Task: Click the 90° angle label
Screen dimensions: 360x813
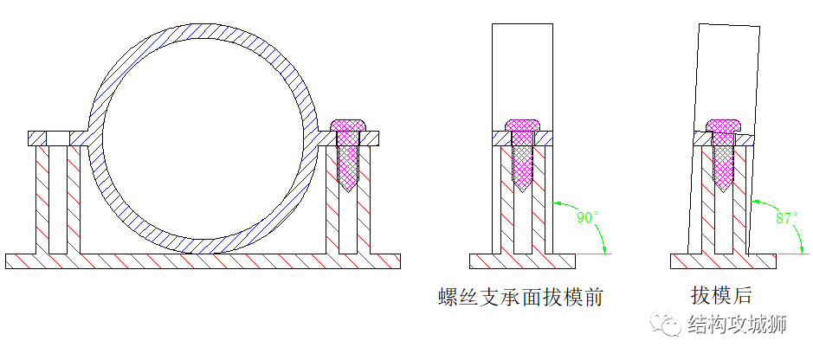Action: [x=586, y=216]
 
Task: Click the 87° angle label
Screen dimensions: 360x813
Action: [x=785, y=218]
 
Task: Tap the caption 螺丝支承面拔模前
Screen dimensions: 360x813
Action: [x=520, y=298]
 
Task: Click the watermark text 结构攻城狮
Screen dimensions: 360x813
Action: [x=736, y=325]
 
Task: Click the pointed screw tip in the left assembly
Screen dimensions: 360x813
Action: [x=350, y=187]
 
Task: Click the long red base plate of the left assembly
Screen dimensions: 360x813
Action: [x=203, y=260]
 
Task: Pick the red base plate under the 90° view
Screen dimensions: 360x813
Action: [x=522, y=260]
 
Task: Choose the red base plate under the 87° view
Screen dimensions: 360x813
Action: [x=724, y=260]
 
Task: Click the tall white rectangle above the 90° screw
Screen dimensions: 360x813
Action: [x=522, y=69]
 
